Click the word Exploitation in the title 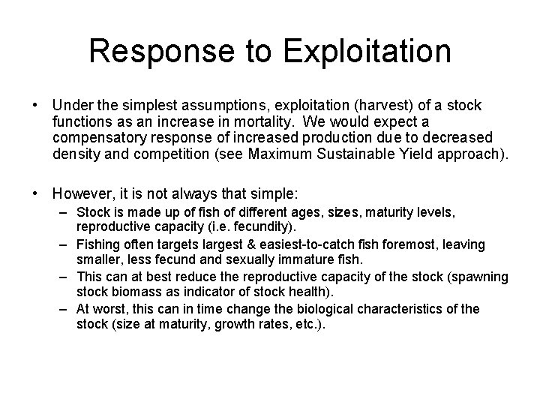[368, 52]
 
